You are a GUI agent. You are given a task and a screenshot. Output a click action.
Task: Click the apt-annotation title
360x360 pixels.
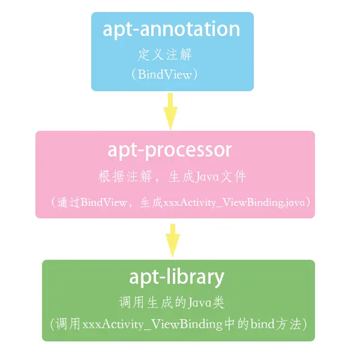[x=172, y=29]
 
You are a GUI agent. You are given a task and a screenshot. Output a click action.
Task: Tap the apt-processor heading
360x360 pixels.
[x=170, y=149]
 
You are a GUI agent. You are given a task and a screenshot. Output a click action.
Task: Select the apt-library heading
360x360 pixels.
[x=176, y=277]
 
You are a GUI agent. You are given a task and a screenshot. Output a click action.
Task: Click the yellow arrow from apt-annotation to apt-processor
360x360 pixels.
[x=171, y=111]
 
